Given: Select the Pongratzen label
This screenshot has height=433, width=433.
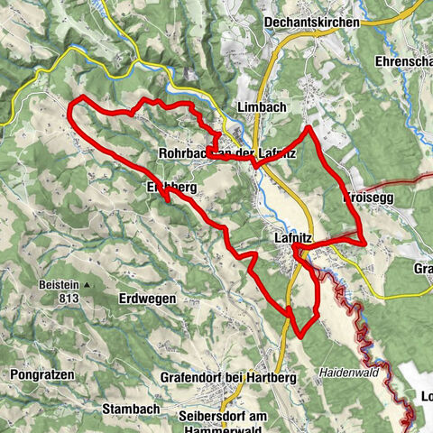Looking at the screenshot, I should pos(42,373).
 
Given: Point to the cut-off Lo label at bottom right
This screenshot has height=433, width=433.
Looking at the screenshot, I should pos(424,396).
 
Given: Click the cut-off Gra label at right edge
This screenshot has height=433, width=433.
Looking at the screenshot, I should pos(422,269).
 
